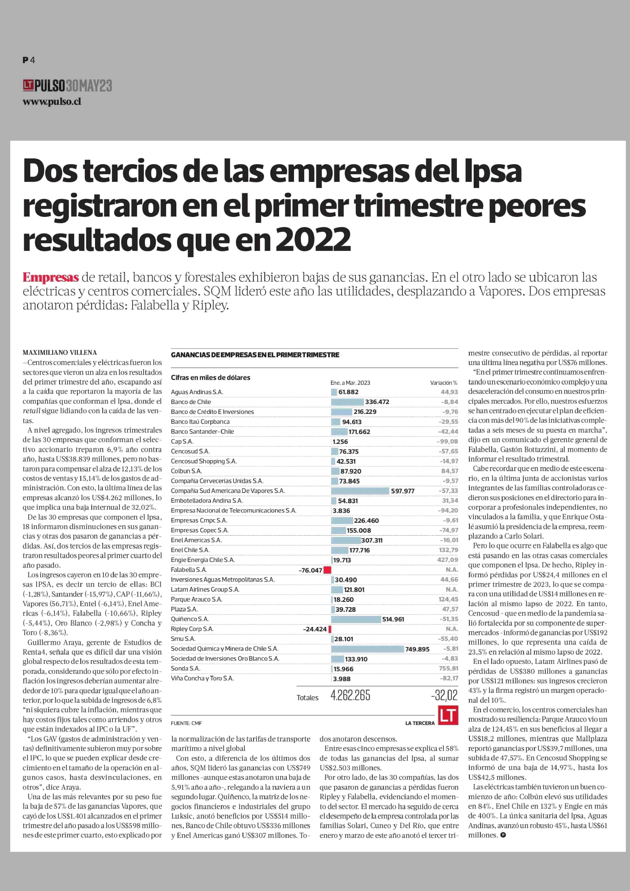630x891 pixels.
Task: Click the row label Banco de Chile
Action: [191, 402]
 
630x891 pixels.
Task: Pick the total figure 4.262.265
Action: [350, 695]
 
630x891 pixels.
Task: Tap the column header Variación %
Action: [443, 383]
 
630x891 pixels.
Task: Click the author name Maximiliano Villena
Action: [60, 353]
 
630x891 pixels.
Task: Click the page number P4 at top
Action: [29, 60]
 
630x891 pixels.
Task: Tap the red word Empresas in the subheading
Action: [50, 277]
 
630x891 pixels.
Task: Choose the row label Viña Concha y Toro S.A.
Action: [203, 678]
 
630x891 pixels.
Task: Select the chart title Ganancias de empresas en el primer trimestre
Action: [255, 355]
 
